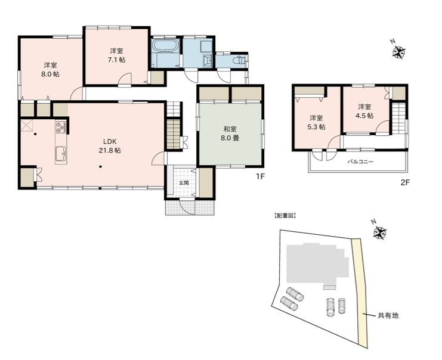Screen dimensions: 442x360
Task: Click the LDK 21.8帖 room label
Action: pyautogui.click(x=110, y=146)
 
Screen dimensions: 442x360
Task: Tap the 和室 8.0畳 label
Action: pyautogui.click(x=230, y=134)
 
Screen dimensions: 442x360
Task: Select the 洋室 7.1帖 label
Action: pyautogui.click(x=116, y=55)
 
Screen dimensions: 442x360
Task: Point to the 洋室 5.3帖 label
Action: pyautogui.click(x=316, y=122)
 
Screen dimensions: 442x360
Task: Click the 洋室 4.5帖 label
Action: pyautogui.click(x=365, y=111)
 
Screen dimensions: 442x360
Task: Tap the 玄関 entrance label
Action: pyautogui.click(x=184, y=183)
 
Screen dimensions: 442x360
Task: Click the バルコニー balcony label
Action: pyautogui.click(x=360, y=162)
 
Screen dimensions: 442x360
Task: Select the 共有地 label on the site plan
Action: pyautogui.click(x=388, y=315)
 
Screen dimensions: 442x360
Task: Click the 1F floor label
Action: pyautogui.click(x=260, y=176)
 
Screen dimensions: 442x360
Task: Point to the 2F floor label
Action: pyautogui.click(x=405, y=182)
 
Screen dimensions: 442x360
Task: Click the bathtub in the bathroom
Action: pyautogui.click(x=165, y=46)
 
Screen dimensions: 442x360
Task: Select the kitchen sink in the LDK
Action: pyautogui.click(x=61, y=154)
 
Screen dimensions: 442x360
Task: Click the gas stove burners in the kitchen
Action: pyautogui.click(x=61, y=126)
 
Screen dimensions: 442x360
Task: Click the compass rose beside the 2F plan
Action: pyautogui.click(x=399, y=51)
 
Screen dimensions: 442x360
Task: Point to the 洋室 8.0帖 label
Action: pyautogui.click(x=51, y=70)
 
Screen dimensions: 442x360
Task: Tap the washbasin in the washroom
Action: pyautogui.click(x=208, y=60)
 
